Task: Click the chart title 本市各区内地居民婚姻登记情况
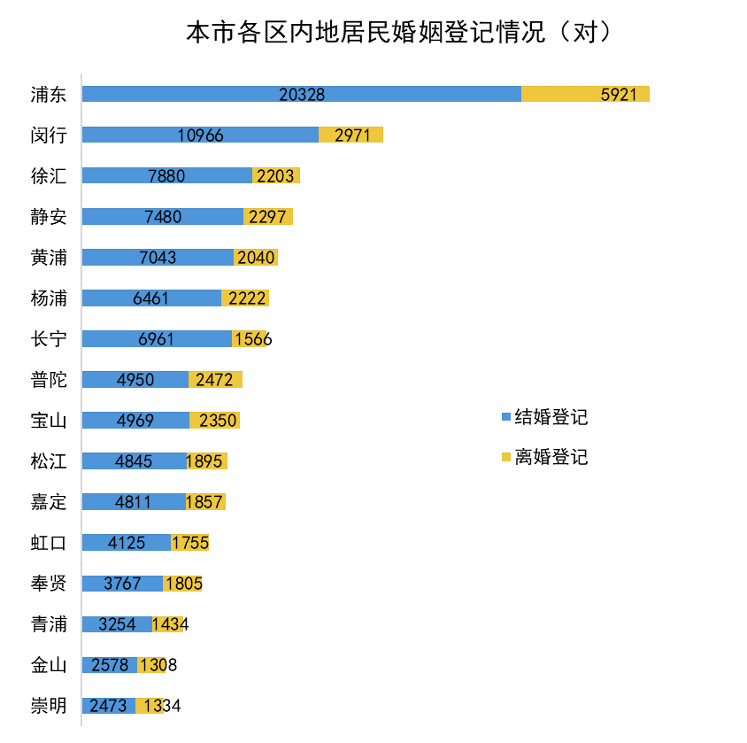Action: (x=398, y=33)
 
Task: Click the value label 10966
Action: (x=200, y=135)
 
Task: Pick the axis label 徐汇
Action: (x=49, y=175)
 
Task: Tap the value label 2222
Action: (x=245, y=298)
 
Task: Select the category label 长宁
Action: (x=49, y=338)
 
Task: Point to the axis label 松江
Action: (x=49, y=461)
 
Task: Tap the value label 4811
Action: (x=133, y=501)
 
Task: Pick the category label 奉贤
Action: (x=49, y=583)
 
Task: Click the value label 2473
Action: (x=109, y=705)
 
